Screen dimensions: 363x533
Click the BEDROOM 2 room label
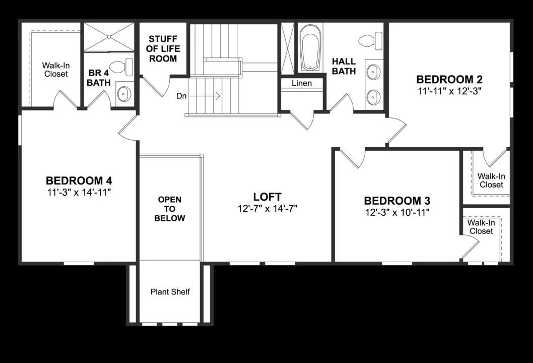tap(449, 79)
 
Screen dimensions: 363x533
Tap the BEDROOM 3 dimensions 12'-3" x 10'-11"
tap(397, 213)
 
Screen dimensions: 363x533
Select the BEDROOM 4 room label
tap(79, 180)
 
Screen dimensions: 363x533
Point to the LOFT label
tap(267, 197)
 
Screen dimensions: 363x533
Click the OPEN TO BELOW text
tap(170, 209)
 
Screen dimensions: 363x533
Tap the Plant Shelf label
tap(170, 292)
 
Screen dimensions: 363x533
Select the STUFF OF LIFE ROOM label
tap(163, 49)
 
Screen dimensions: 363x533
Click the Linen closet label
tap(302, 83)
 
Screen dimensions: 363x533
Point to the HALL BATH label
tap(344, 66)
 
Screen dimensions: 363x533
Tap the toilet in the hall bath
tap(372, 40)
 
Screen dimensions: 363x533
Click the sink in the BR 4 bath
tap(124, 93)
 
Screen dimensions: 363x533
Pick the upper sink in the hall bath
tap(373, 72)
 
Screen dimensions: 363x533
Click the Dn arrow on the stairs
tap(212, 95)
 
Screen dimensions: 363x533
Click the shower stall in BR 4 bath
tap(109, 37)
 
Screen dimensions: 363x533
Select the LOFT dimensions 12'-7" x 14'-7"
tap(267, 208)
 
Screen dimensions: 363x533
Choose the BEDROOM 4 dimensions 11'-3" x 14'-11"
tap(79, 192)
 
